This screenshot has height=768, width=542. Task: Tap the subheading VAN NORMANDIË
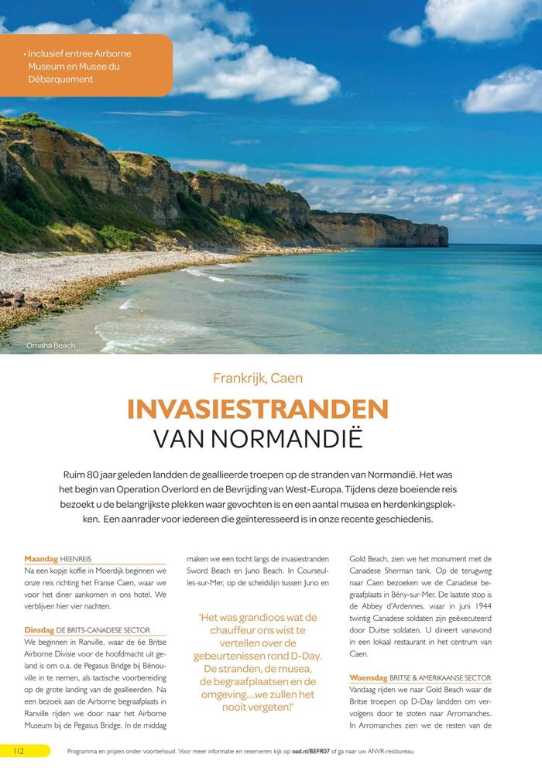(258, 438)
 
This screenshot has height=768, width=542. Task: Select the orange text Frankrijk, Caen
(258, 379)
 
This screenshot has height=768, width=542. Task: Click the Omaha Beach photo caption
(50, 345)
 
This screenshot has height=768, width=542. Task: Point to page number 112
(19, 750)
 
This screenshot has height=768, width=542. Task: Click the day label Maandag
(41, 558)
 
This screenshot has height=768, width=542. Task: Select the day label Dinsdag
(39, 630)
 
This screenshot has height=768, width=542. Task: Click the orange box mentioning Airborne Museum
(81, 67)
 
